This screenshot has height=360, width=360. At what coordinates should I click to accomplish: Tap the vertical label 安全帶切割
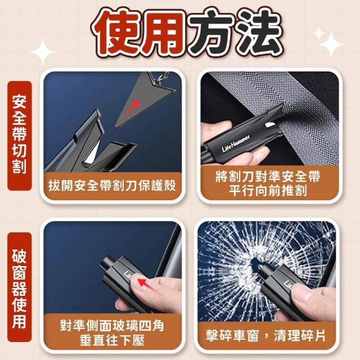(x=19, y=136)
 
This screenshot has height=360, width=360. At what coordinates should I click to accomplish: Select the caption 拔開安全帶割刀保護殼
(x=112, y=186)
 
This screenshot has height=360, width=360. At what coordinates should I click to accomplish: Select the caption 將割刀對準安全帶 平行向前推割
(x=268, y=184)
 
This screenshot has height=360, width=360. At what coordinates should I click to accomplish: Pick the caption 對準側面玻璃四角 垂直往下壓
(x=112, y=333)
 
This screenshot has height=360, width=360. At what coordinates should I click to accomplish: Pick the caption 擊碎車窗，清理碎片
(x=265, y=336)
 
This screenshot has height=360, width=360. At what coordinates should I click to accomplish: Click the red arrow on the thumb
(x=146, y=283)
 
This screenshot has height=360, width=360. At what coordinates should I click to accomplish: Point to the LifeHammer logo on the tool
(x=236, y=143)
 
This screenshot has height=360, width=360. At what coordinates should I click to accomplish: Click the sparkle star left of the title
(x=43, y=52)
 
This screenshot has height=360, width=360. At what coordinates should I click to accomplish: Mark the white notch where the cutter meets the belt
(x=271, y=125)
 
